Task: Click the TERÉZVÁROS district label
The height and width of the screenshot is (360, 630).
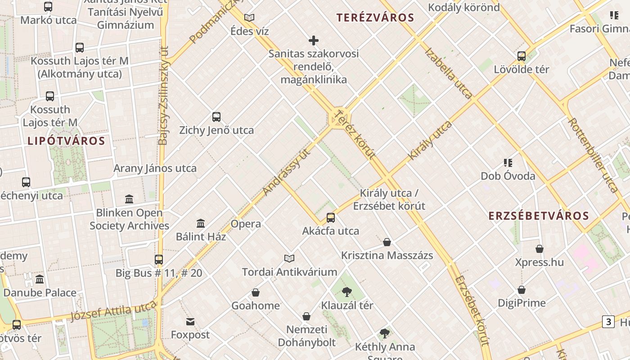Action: pos(375,18)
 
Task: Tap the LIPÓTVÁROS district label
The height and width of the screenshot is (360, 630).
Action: pos(66,141)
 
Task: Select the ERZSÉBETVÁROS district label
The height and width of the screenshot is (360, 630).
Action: pos(539,216)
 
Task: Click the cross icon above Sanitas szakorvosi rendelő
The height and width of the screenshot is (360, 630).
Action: pos(314,41)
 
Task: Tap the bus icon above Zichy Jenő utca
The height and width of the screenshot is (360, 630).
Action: pos(216,117)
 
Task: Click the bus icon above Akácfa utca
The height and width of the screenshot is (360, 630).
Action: pos(331,218)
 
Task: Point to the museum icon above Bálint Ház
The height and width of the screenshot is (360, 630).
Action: pos(201,223)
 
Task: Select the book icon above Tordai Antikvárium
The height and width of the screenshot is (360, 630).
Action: pos(289,258)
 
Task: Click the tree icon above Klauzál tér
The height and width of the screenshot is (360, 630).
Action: pos(346,292)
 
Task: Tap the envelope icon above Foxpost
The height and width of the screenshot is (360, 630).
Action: pos(190,322)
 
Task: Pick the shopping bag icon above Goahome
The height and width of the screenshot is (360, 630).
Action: pos(256,292)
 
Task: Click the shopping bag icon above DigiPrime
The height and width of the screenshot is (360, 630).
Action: pos(522,290)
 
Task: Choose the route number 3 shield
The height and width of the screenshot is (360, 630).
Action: pos(608,322)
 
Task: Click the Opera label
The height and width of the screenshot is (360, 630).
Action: pos(245,224)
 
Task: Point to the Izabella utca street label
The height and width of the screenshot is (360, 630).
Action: pos(448,73)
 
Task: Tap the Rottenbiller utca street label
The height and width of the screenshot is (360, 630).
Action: pos(593,156)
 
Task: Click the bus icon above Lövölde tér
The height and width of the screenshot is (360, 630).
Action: pos(522,56)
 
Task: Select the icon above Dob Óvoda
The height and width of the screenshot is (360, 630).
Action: pos(508,162)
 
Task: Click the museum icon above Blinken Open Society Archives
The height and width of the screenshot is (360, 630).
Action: pos(129,199)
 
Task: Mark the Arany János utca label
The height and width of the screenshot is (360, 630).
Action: pos(155,169)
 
